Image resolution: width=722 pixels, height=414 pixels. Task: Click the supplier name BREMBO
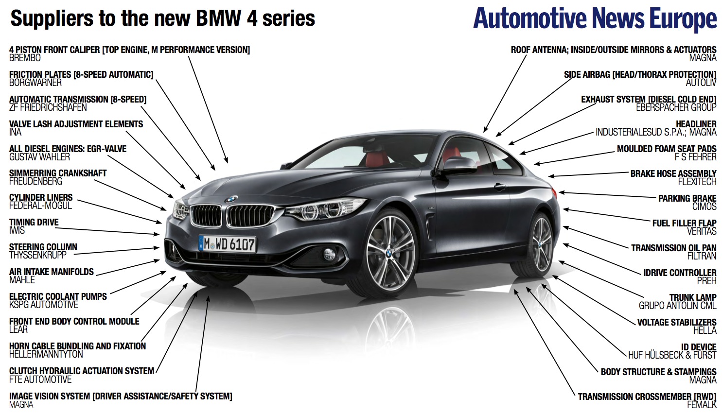coord(25,58)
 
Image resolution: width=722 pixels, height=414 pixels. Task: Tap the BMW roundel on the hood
coord(231,199)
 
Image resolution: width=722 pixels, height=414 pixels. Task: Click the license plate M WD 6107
coord(228,243)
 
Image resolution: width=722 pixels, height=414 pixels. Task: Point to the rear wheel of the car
coord(541,244)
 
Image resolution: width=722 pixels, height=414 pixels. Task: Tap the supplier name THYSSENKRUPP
coord(38,255)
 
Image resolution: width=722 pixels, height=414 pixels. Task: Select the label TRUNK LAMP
coord(692,297)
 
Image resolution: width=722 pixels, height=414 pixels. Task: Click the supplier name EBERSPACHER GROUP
coord(676,107)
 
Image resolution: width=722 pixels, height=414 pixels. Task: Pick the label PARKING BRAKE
coord(687,198)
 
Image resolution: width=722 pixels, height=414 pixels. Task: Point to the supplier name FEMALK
coord(702,405)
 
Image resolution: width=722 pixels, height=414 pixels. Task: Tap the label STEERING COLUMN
coord(43,247)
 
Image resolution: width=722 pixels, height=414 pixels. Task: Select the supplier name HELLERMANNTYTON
coord(46,354)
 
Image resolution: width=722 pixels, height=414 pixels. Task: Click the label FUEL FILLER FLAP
coord(684,223)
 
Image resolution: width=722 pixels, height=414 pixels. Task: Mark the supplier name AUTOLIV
coord(701,83)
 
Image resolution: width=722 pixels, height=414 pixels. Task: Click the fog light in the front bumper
coord(329,253)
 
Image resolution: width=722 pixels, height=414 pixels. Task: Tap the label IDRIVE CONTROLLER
coord(680,273)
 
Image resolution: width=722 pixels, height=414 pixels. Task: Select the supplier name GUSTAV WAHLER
coord(40,157)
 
